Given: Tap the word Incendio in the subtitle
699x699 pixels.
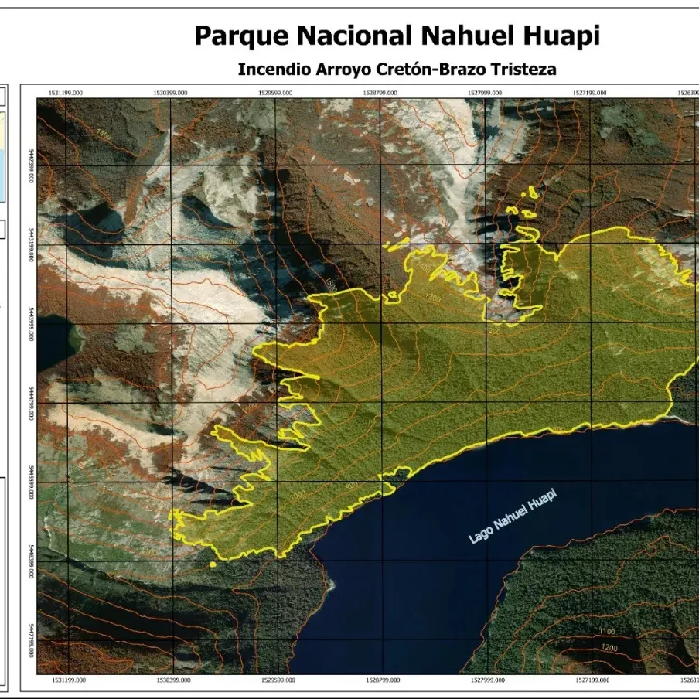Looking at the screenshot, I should click(x=273, y=70).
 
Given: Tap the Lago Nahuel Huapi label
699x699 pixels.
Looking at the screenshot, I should click(x=513, y=516).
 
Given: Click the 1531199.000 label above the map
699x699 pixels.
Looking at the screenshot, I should click(x=66, y=92).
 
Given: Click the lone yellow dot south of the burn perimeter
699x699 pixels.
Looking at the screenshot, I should click(x=212, y=564).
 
